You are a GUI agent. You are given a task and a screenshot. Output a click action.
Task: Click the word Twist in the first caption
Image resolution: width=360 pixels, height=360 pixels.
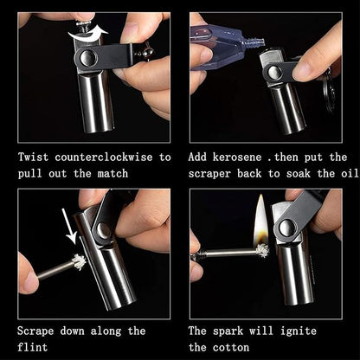35,157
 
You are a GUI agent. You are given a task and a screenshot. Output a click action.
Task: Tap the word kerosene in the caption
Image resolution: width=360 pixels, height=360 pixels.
247,157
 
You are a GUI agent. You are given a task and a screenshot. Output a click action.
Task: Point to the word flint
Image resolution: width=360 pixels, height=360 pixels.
35,347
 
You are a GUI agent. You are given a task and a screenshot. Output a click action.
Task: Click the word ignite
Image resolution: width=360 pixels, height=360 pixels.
299,331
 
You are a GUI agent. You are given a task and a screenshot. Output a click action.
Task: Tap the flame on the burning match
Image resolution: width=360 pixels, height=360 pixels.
260,219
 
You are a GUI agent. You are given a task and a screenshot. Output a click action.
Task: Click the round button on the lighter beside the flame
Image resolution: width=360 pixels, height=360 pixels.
286,228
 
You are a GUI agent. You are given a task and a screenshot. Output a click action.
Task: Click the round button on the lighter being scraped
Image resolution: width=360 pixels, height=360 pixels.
102,230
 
